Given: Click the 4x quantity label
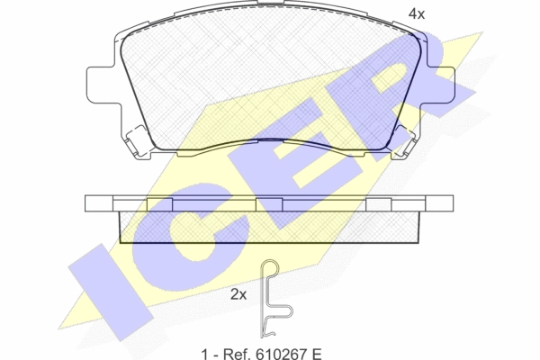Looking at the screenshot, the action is pyautogui.click(x=417, y=13).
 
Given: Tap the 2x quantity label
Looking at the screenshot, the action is pyautogui.click(x=238, y=294).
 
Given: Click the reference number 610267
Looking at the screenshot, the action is pyautogui.click(x=278, y=354).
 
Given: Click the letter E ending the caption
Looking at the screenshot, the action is pyautogui.click(x=316, y=354).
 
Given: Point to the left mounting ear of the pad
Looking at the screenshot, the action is pyautogui.click(x=100, y=84).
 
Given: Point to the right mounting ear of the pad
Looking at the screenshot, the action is pyautogui.click(x=441, y=84).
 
